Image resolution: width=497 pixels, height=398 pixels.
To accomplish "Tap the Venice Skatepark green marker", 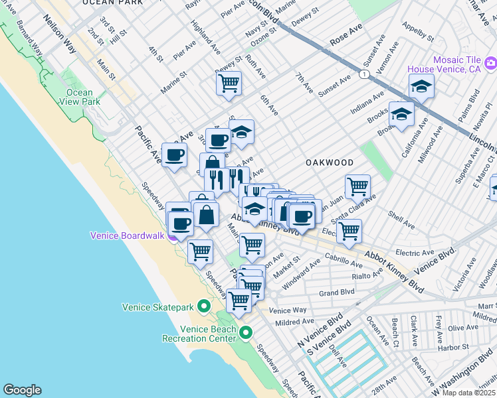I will point(204,306).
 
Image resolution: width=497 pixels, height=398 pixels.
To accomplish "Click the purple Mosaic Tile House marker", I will point(491,64).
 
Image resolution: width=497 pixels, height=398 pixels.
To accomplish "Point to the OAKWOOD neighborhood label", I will point(329,163).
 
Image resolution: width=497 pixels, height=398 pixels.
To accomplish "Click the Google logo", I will point(22,390).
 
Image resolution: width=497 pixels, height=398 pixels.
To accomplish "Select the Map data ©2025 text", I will point(469,393).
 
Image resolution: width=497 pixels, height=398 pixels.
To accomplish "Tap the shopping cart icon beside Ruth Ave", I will point(229,84).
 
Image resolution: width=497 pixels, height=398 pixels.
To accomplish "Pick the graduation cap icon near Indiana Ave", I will point(421,86).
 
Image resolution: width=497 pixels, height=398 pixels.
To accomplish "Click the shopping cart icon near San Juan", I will point(357,186).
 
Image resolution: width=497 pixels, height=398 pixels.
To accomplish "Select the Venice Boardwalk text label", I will point(128,235).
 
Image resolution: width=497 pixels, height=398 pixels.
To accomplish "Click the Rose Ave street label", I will point(346,35).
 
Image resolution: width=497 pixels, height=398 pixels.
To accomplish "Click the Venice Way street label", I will point(288,310).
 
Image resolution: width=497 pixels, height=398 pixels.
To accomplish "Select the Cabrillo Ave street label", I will point(344,263).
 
